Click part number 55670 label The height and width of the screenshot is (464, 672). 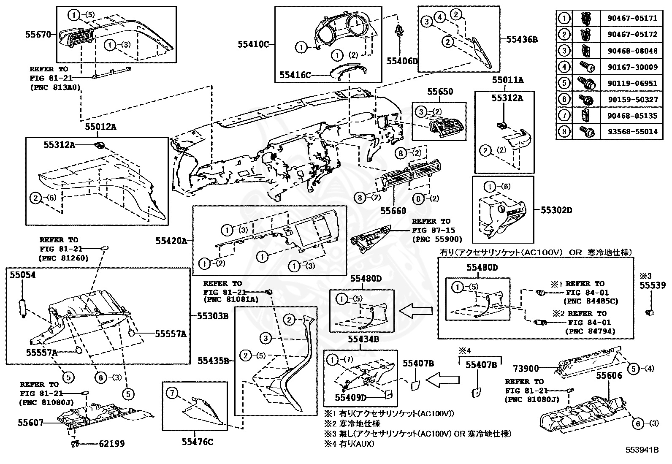click(x=38, y=35)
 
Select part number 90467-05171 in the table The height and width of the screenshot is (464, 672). click(x=632, y=19)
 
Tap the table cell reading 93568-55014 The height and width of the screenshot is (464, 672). click(x=632, y=132)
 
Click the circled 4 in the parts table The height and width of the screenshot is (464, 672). click(x=564, y=67)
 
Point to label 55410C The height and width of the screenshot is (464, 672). click(x=252, y=43)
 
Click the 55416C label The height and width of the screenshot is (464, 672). click(x=295, y=75)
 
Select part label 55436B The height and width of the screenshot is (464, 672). click(x=522, y=39)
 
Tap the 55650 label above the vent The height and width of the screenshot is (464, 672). click(x=440, y=92)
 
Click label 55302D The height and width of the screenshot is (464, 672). click(x=556, y=209)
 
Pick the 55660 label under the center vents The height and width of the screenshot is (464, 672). click(x=393, y=211)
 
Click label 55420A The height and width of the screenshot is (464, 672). click(x=171, y=241)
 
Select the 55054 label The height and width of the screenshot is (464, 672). click(x=23, y=275)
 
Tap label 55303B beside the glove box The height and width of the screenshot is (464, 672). click(x=213, y=315)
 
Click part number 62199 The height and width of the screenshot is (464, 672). click(x=112, y=444)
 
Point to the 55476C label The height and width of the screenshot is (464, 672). click(x=197, y=442)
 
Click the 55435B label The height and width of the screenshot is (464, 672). click(x=214, y=361)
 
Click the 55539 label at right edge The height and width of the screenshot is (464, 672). click(x=652, y=285)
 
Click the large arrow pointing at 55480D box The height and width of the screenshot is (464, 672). click(x=415, y=312)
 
